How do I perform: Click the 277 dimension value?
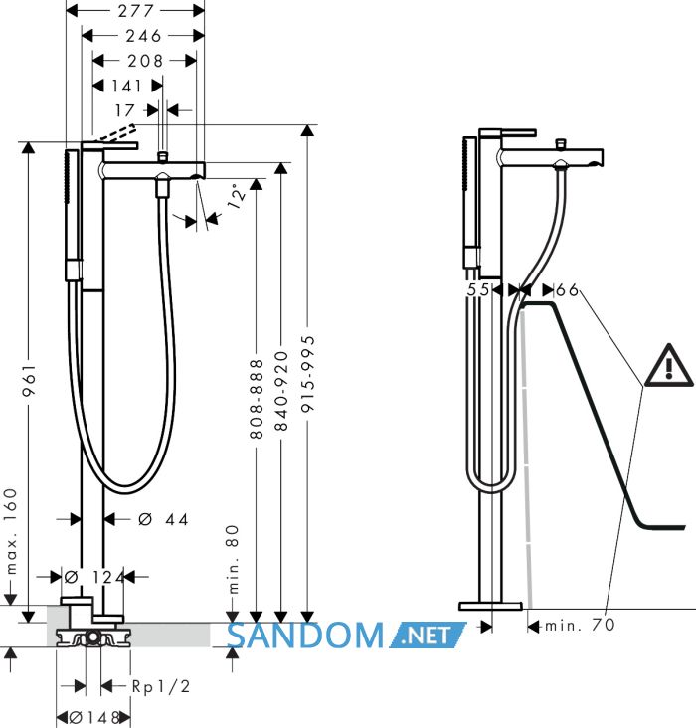click(x=135, y=11)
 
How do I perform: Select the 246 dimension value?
click(x=143, y=36)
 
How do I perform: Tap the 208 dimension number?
click(x=145, y=61)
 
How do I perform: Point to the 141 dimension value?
click(x=126, y=86)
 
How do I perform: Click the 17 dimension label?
click(x=125, y=110)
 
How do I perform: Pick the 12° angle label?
click(x=236, y=196)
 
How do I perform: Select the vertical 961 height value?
click(x=29, y=380)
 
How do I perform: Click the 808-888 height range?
click(x=257, y=399)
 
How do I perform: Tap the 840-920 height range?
click(x=281, y=391)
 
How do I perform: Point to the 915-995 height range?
click(x=307, y=374)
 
